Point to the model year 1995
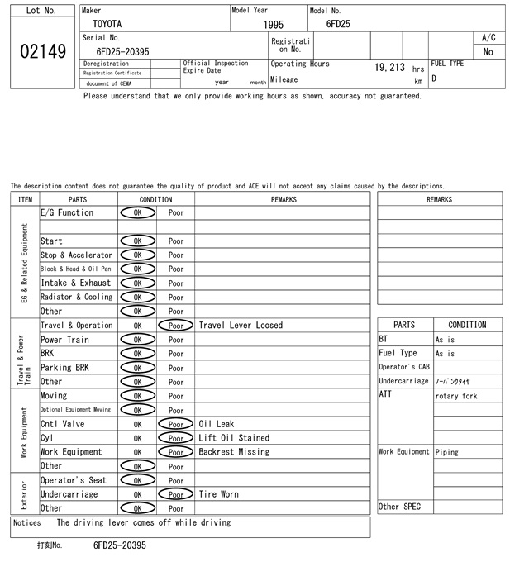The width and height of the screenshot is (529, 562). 274,25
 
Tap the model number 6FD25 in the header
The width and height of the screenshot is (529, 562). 338,24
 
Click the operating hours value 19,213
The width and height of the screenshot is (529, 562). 389,68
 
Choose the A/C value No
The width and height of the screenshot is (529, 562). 488,52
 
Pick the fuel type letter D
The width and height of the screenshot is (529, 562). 434,79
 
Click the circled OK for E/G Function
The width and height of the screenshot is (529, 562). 137,212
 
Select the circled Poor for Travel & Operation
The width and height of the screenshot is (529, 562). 175,326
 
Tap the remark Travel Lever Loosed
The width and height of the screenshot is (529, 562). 241,326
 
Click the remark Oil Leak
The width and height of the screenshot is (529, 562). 217,424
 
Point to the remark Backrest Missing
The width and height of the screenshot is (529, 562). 234,452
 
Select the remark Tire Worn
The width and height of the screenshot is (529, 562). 218,494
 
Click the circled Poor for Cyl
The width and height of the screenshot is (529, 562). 175,438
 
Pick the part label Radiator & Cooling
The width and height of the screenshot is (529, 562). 76,297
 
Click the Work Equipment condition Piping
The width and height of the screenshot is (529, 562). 447,452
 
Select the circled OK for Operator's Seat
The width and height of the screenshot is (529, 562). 137,480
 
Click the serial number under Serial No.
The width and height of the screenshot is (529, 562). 122,51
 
